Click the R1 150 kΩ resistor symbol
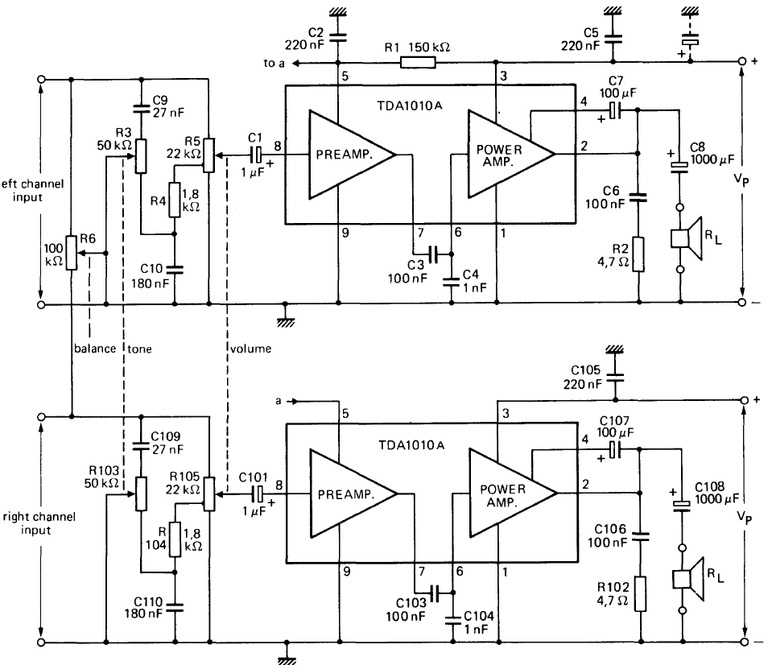415,62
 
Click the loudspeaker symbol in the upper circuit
689,239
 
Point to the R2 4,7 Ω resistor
638,254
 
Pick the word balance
96,349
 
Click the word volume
251,349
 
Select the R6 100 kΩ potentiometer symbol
72,253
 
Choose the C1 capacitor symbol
258,153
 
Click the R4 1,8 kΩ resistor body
175,196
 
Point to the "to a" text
270,63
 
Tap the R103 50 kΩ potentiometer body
141,493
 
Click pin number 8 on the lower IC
278,485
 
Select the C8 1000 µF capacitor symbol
681,166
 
